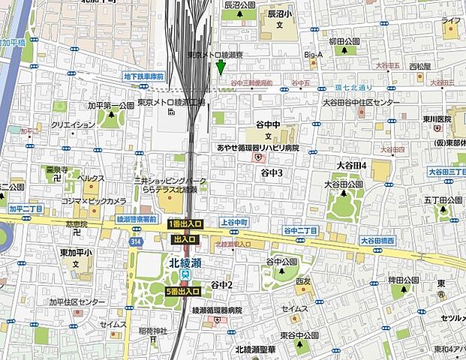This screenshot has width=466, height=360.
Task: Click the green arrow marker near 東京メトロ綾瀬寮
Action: point(220,67)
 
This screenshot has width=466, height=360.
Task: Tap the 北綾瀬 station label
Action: point(184,262)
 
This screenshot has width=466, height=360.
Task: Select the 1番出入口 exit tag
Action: point(185,224)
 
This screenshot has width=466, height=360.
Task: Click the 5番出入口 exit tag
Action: point(184,291)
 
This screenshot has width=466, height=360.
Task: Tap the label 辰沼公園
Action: point(240,4)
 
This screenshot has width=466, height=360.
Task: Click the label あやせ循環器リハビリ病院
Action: point(258,148)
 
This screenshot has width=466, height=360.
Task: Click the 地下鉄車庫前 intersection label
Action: point(143,76)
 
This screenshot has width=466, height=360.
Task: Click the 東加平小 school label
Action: point(76,252)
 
